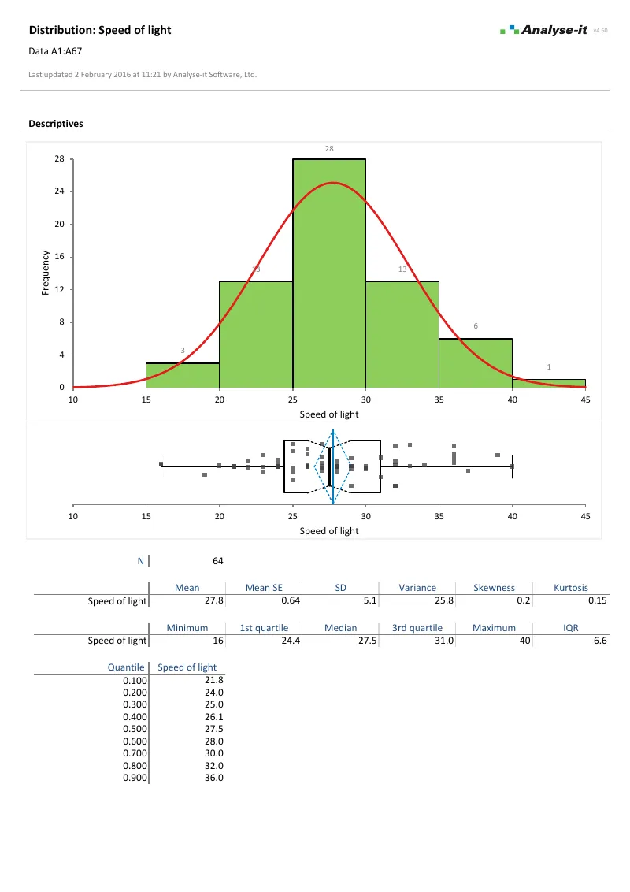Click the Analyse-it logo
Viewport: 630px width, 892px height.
coord(543,30)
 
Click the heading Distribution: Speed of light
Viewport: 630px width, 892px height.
coord(99,30)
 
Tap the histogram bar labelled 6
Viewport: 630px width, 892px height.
coord(476,363)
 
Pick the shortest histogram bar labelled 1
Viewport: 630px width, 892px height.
coord(549,384)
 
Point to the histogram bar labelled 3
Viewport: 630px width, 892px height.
coord(183,375)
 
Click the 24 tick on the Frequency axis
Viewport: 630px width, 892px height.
coord(60,191)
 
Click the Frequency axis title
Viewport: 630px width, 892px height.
coord(45,273)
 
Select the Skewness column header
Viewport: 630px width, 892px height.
coord(494,587)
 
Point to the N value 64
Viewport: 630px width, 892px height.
coord(217,561)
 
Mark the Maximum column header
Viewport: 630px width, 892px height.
coord(494,627)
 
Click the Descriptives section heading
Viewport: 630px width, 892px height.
coord(56,124)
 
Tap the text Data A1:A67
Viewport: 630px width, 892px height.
coord(55,51)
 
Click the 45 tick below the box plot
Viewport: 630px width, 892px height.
coord(585,516)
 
